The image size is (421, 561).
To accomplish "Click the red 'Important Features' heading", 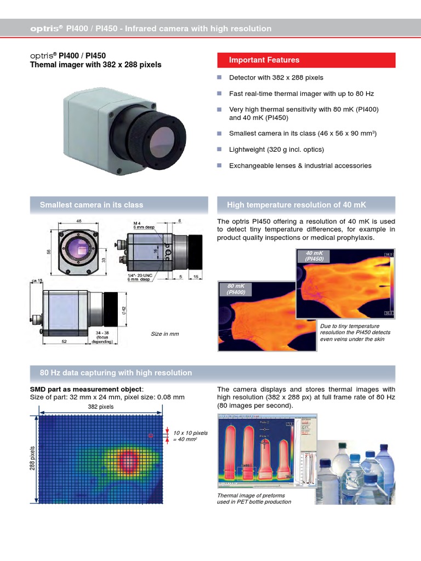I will click(306, 60).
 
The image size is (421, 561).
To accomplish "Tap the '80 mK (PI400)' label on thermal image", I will click(234, 289).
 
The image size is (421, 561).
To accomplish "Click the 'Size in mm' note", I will click(164, 334).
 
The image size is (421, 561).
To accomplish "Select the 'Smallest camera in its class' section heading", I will click(92, 205).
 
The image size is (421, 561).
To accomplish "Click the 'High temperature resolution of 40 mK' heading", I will click(296, 205).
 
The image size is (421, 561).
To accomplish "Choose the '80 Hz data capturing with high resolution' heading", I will click(116, 373).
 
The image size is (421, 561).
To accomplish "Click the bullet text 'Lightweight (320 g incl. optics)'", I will click(276, 149).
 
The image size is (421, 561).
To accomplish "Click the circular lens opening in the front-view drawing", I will click(77, 251).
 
